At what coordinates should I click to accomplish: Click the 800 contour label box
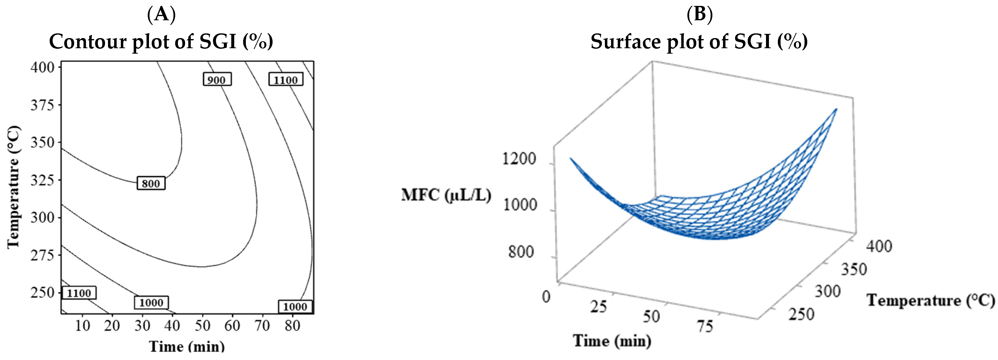point(151,183)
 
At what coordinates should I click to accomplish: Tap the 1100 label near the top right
point(286,79)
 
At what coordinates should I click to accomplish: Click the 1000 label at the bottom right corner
point(295,307)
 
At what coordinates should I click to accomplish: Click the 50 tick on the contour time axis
point(202,326)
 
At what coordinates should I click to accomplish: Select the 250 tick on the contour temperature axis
point(42,292)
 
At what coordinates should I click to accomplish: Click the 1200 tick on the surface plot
point(519,159)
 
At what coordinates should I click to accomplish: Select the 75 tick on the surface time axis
point(705,326)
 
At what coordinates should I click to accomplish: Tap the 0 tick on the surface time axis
point(546,297)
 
